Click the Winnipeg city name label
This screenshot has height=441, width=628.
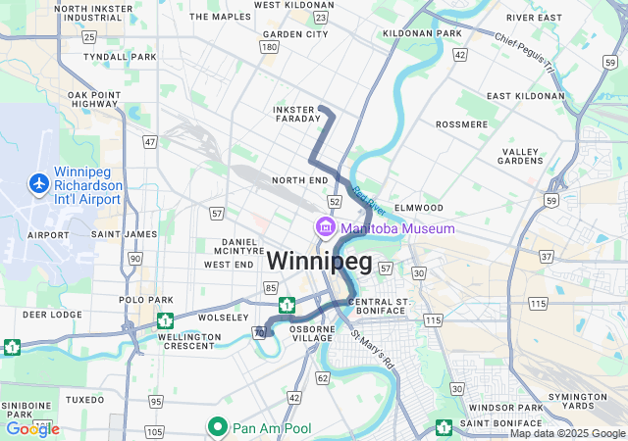coord(319,262)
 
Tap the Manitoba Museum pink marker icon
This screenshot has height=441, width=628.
coord(325,228)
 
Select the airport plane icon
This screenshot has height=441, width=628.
coord(39,183)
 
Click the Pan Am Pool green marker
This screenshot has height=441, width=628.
coord(218,427)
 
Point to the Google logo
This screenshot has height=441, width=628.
coord(32,428)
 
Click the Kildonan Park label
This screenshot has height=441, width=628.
coord(422,33)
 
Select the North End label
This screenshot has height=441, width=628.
coord(299,180)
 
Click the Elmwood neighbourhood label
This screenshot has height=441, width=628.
coord(419,208)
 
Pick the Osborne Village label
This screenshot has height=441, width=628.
coord(312,334)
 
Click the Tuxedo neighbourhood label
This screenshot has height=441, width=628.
coord(84,400)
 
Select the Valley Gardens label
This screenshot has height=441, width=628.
coord(520,156)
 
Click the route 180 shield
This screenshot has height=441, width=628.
coord(269,46)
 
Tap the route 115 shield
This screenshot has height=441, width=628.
coord(433,320)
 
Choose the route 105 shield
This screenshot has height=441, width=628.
coord(154,431)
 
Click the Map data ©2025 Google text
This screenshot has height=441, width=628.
coord(566,433)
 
